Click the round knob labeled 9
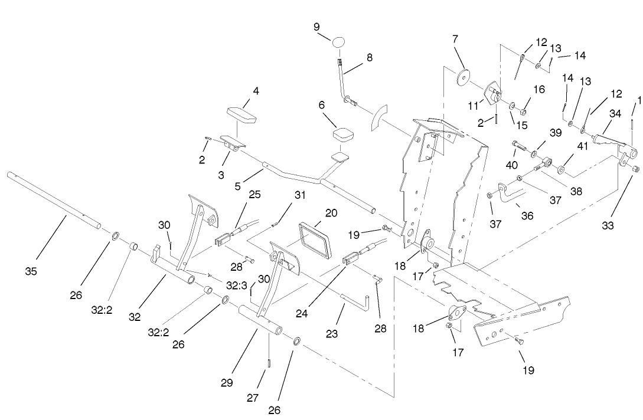coord(338,42)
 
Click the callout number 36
coord(527,216)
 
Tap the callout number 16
coord(538,89)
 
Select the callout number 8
coord(369,58)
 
